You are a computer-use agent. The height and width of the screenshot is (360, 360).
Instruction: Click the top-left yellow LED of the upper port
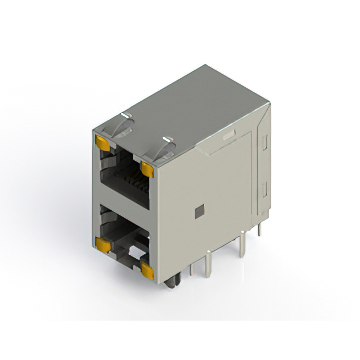(102, 143)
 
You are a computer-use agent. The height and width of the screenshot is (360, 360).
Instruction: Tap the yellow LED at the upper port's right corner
(147, 167)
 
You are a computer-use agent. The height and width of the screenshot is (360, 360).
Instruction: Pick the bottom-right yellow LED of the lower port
(147, 271)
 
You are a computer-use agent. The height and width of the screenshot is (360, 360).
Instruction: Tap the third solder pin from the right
(209, 262)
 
